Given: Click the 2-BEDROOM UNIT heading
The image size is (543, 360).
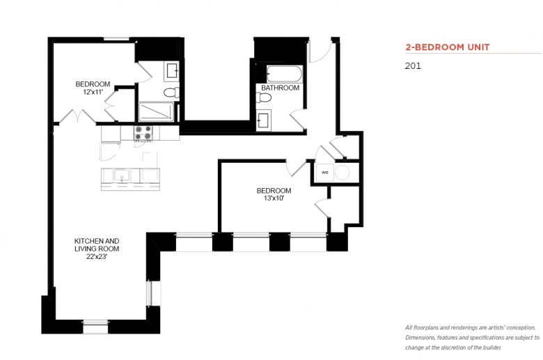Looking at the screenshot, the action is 448,47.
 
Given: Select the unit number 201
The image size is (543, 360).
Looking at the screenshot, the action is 413,66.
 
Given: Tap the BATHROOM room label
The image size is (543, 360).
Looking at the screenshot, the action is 280,88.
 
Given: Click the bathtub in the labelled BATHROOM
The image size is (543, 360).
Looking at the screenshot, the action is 284,74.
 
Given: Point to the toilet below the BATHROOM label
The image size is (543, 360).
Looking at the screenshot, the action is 264,97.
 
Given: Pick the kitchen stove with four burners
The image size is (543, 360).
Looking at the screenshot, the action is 143,134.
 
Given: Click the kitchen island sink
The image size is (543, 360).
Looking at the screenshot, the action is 122,175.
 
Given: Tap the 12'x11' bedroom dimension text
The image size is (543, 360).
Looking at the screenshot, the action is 93,92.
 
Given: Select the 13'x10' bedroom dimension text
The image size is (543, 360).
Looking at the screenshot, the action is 274,198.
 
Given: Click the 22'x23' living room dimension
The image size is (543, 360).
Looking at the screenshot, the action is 97,257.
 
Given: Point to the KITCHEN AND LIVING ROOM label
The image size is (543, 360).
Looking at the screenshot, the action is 97,244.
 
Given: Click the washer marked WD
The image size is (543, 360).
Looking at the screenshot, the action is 325,173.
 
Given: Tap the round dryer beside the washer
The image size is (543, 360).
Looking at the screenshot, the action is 342,173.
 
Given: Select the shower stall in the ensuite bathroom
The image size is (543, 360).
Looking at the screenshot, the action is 156,111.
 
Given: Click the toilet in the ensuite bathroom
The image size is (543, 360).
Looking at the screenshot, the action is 171,93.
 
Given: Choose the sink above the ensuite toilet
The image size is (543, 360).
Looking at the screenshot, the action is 172,71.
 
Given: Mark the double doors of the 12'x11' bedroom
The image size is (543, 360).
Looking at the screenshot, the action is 77,116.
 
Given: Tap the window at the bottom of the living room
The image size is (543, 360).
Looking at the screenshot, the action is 95,327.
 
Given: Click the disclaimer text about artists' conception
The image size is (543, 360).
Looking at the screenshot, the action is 473,338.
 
